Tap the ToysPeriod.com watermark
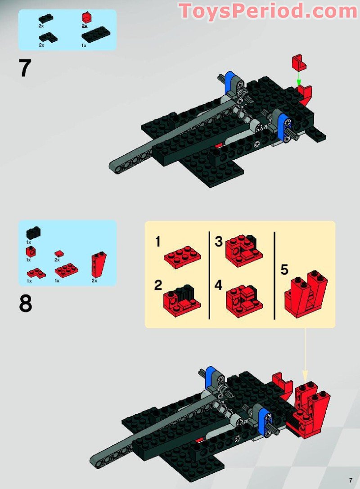[268, 11]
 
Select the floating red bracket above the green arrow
[299, 63]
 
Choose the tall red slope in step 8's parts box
[99, 265]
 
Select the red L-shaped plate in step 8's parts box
[36, 274]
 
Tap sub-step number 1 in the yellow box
[158, 242]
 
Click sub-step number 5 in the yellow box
[284, 270]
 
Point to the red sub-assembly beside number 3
[243, 250]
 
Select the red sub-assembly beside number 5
[306, 294]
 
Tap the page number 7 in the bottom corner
[351, 480]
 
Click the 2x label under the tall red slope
[94, 281]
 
